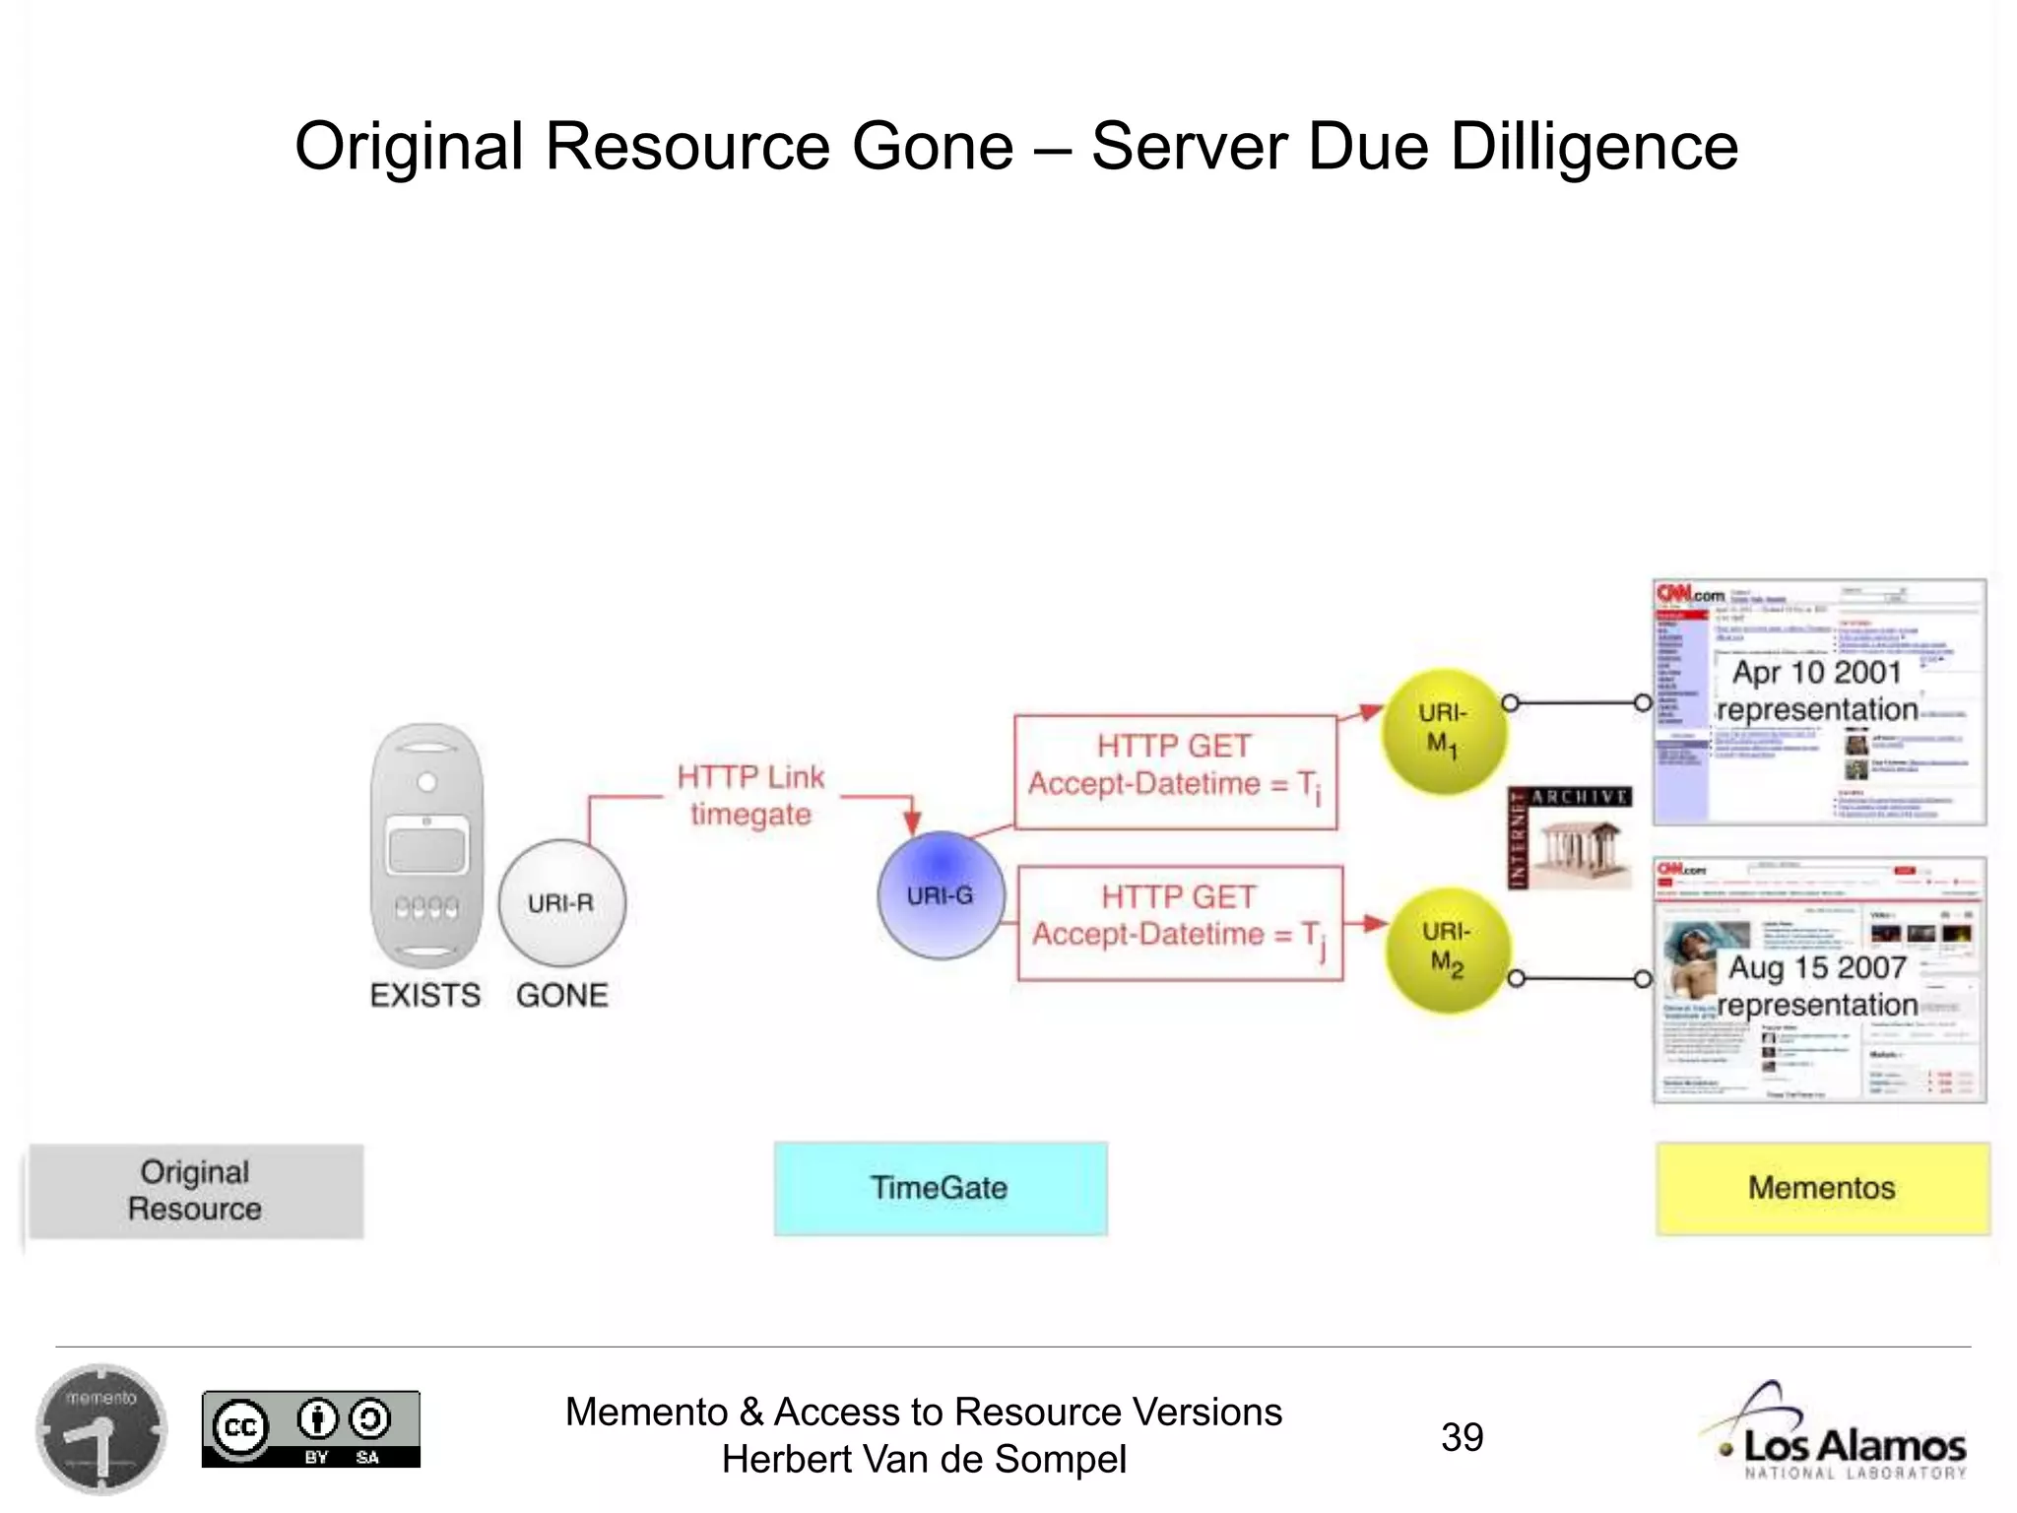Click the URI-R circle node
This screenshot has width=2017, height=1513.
pos(561,903)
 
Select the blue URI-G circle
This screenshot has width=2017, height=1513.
pos(941,895)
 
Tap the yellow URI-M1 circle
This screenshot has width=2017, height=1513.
pos(1444,730)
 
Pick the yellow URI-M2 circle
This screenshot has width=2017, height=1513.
pos(1447,951)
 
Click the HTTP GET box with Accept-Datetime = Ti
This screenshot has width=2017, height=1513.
pos(1175,772)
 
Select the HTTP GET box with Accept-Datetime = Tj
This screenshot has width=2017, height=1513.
pos(1179,923)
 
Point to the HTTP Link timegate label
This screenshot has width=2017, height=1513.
pos(750,796)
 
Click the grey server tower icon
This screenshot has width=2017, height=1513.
pos(426,846)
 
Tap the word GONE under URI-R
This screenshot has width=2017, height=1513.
pos(561,995)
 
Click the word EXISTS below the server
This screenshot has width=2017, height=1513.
pos(425,995)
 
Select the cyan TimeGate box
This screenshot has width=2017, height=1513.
pos(940,1188)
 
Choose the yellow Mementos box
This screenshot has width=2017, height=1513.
pos(1822,1188)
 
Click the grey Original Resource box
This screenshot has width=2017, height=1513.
pos(195,1190)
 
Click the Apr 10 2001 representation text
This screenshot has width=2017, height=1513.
pos(1817,691)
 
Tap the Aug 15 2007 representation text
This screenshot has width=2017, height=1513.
pos(1817,986)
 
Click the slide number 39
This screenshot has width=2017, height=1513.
pos(1462,1437)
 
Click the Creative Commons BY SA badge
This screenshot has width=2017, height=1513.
pos(310,1429)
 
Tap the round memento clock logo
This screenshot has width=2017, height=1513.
pos(101,1428)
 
